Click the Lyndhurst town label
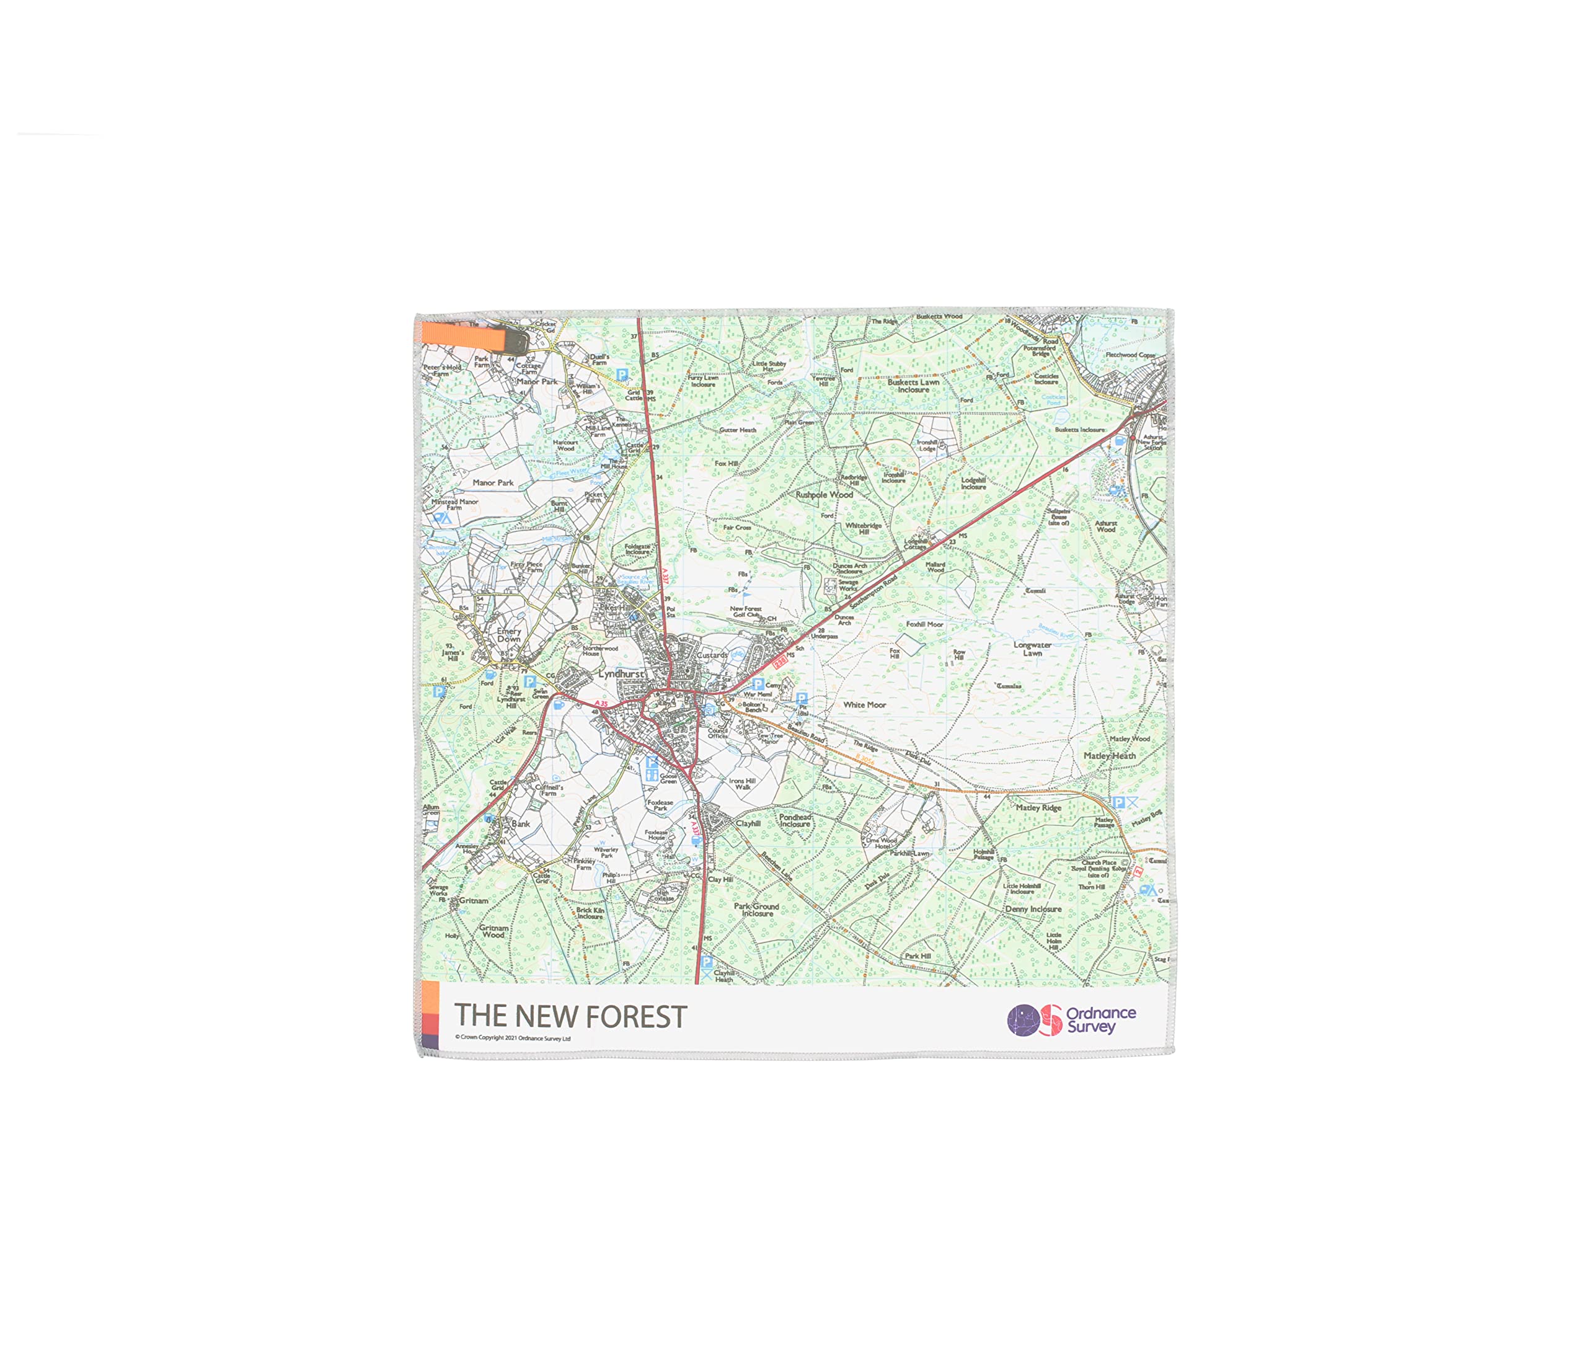tap(621, 674)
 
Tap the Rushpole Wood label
tap(823, 495)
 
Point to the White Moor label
tap(864, 705)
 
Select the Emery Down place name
tap(508, 635)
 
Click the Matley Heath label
tap(1109, 755)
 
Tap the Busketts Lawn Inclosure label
tap(913, 386)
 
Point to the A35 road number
tap(601, 703)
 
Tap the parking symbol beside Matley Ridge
tap(1118, 802)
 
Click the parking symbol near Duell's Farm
tap(622, 374)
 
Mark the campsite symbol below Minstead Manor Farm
tap(442, 518)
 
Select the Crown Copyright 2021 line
tap(513, 1038)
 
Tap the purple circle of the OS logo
tap(1022, 1021)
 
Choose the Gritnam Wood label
tap(493, 931)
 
